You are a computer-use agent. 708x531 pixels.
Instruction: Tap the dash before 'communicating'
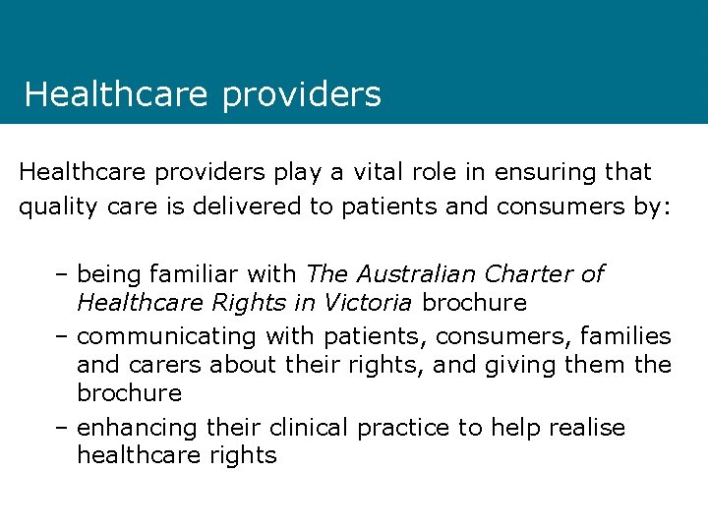coord(63,336)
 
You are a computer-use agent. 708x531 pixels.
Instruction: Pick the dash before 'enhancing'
coord(63,428)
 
